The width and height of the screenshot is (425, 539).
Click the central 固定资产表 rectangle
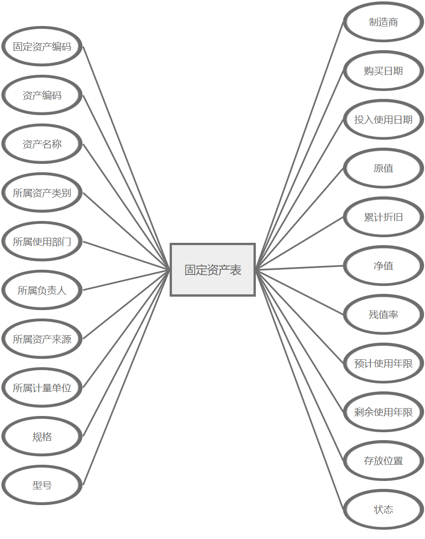[213, 270]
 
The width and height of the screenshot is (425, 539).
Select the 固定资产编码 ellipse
[42, 46]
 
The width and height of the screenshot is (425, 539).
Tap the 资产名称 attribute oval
[42, 144]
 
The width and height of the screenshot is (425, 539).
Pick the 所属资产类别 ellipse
[42, 193]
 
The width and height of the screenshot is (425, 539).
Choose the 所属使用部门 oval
[42, 241]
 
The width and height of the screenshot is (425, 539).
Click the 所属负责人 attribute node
[42, 290]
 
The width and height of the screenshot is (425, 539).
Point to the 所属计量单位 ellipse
[42, 388]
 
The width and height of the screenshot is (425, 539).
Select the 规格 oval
[42, 436]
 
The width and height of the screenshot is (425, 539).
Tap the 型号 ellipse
[42, 485]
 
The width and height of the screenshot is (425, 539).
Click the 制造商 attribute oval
[383, 22]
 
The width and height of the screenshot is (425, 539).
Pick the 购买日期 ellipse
[383, 71]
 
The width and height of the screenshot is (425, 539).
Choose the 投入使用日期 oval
[383, 120]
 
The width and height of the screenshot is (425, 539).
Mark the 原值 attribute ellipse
[383, 169]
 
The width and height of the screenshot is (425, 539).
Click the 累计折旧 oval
[383, 217]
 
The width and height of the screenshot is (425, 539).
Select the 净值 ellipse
[383, 266]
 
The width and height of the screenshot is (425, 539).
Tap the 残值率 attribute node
[383, 315]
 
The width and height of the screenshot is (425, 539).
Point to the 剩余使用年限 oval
[383, 412]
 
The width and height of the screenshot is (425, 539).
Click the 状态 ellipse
[383, 510]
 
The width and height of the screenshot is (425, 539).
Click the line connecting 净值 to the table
[299, 268]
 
